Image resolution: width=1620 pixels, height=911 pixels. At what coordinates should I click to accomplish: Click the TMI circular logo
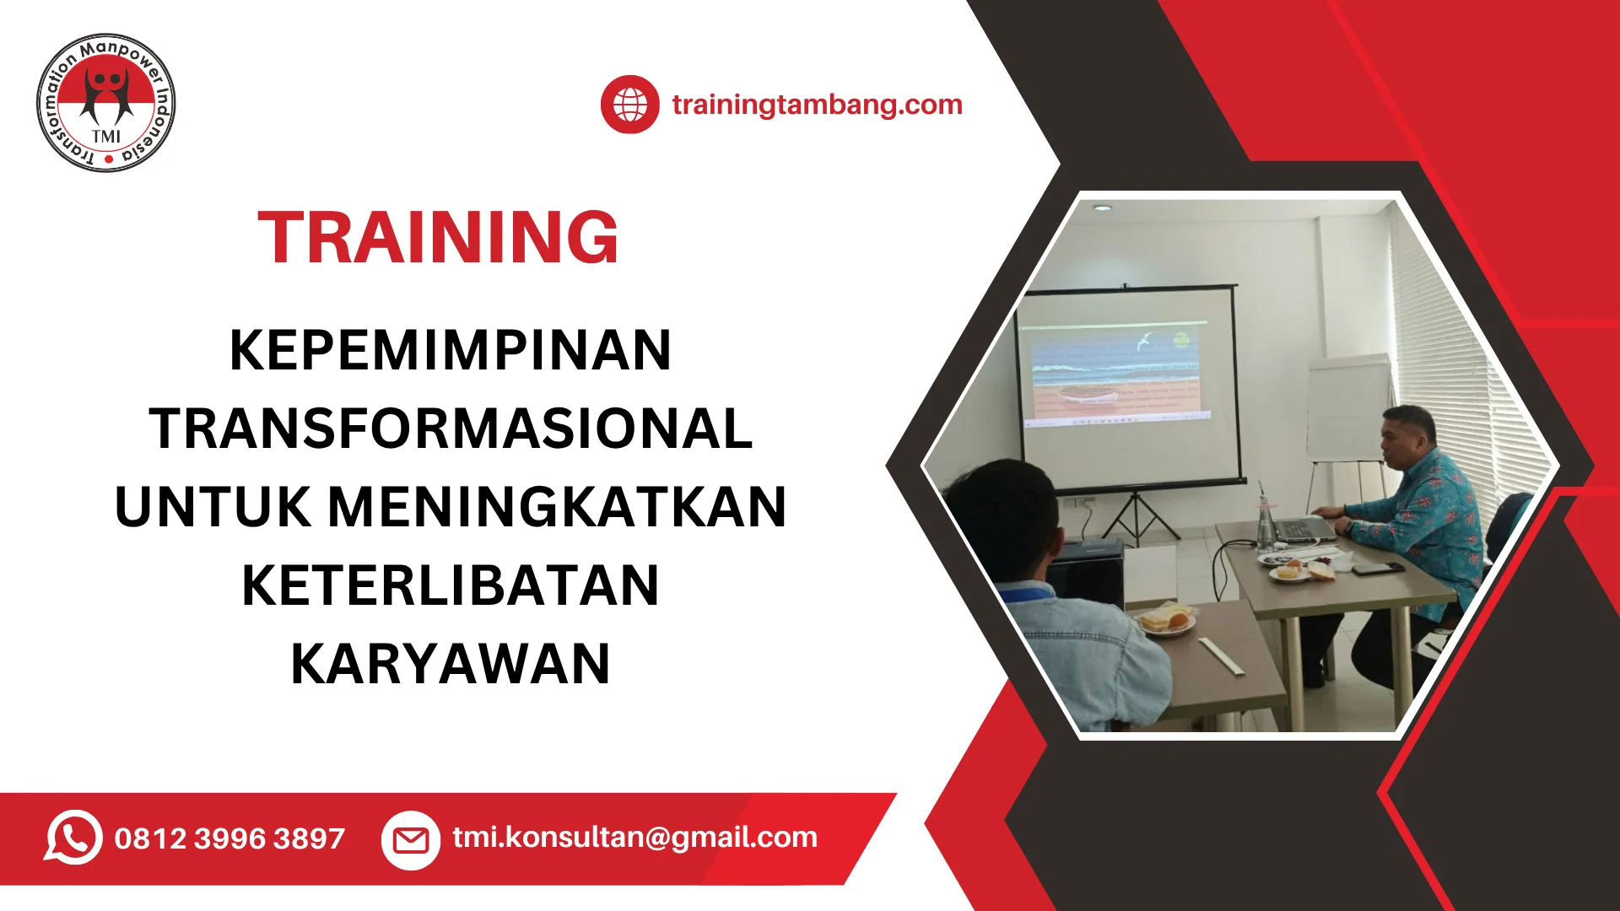[106, 103]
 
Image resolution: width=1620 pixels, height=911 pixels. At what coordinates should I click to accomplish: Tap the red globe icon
[629, 105]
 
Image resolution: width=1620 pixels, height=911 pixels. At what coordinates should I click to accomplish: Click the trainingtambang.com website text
[817, 105]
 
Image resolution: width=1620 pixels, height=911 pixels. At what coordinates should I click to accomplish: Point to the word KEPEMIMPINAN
[451, 350]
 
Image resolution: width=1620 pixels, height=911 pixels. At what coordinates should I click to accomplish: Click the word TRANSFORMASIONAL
[451, 429]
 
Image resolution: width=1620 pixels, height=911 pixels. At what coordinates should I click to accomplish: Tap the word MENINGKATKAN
[557, 507]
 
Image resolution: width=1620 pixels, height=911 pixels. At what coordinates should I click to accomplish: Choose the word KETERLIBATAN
[451, 585]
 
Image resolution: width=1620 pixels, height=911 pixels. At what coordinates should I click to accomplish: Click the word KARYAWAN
[451, 664]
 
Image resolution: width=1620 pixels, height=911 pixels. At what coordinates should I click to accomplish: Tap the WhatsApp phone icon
[73, 838]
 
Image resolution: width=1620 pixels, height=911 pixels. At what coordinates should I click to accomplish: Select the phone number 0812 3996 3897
[229, 838]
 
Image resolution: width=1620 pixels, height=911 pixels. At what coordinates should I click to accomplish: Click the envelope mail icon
[411, 840]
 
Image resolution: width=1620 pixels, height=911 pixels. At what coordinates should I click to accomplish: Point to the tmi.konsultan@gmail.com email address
[635, 838]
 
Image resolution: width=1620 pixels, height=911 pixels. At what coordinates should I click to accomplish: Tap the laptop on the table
[1299, 523]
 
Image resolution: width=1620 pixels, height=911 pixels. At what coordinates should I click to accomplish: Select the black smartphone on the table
[1378, 569]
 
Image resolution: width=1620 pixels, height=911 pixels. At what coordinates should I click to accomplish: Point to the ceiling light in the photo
[1101, 208]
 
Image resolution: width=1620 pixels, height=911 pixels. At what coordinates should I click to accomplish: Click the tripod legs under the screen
[1137, 516]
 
